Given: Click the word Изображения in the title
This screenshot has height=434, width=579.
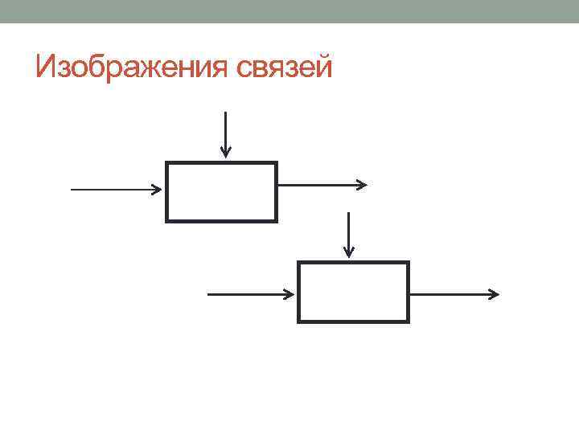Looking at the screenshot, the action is [134, 67].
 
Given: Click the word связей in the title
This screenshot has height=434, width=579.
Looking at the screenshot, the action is [285, 67].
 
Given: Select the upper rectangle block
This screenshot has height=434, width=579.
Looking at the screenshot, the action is [221, 191].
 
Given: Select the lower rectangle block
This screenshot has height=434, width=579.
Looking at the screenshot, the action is [354, 291].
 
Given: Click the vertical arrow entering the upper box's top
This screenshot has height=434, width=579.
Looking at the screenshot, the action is [226, 133].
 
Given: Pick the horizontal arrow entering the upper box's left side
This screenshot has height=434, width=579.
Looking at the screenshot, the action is [113, 190].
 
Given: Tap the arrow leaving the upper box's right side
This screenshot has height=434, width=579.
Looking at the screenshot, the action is [318, 185].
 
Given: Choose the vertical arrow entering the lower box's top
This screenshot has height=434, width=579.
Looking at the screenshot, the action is [347, 233].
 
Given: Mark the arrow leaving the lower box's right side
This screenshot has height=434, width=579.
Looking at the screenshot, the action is [450, 294].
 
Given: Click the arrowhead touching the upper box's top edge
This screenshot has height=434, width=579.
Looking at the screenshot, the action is [226, 152].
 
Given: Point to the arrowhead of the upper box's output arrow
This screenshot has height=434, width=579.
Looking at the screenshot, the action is [363, 185].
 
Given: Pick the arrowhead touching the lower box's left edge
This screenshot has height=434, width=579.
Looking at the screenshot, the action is [290, 294].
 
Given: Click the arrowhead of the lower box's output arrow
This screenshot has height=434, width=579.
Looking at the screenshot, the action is [494, 294].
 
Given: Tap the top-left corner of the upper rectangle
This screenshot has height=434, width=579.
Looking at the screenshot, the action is [166, 163].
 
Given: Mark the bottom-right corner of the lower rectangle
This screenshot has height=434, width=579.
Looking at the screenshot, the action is [409, 321].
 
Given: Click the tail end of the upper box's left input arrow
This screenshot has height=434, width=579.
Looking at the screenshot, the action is [72, 190].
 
